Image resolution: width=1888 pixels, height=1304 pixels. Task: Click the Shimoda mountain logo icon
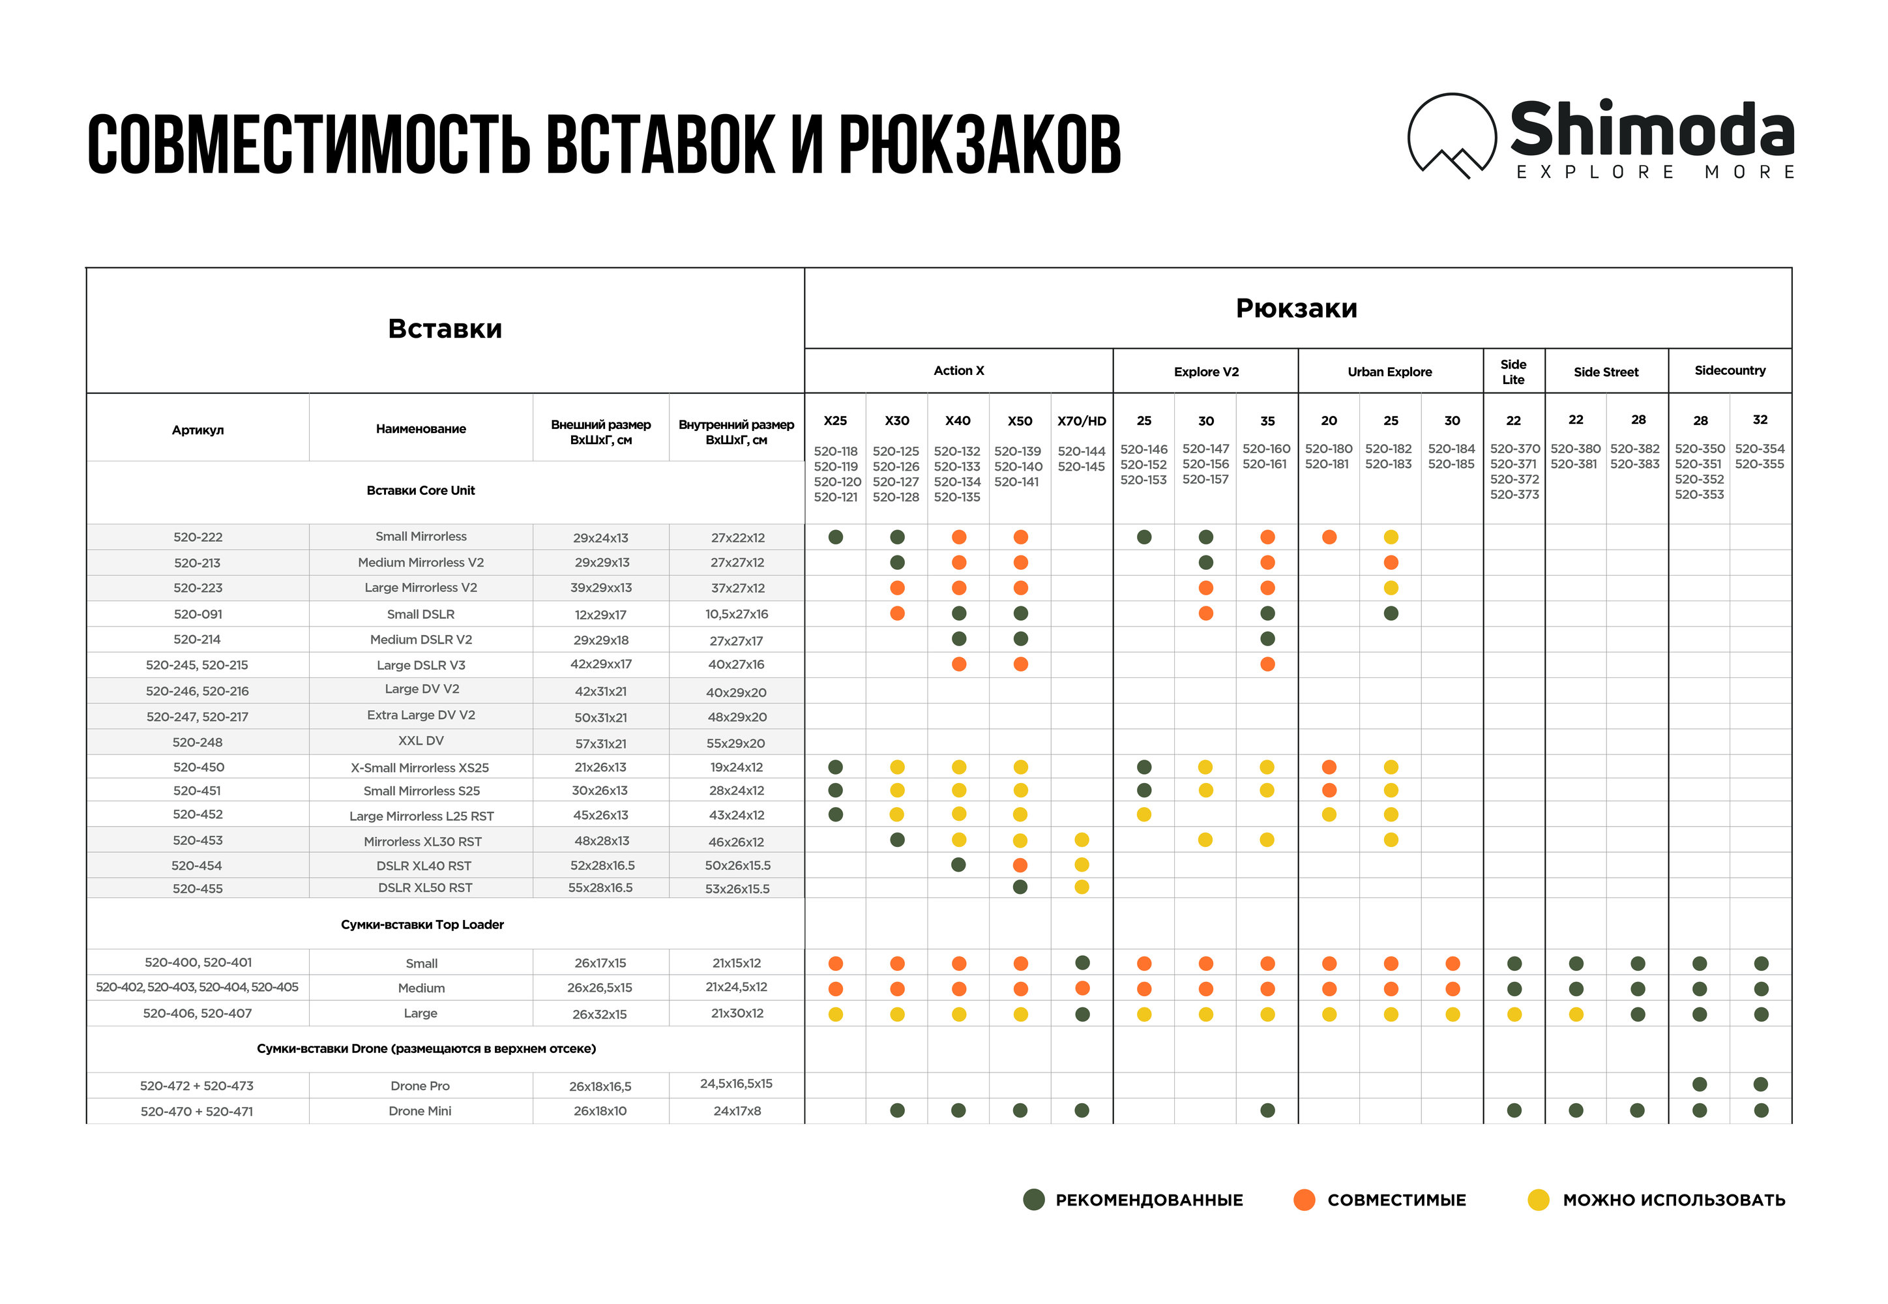click(x=1451, y=136)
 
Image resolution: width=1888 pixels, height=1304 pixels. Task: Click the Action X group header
click(x=958, y=371)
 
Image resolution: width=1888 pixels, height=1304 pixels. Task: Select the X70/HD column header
click(x=1081, y=421)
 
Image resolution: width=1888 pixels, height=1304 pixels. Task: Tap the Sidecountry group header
click(x=1730, y=371)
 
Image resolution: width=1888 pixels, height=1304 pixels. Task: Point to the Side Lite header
click(x=1513, y=372)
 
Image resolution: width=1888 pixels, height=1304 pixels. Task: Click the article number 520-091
click(x=198, y=614)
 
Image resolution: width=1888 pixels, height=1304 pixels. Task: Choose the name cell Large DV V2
click(x=422, y=690)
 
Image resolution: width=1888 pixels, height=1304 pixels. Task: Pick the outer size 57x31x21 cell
click(x=600, y=743)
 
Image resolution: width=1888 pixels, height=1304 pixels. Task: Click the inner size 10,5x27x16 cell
click(x=736, y=614)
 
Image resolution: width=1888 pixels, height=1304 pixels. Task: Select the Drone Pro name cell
click(x=420, y=1086)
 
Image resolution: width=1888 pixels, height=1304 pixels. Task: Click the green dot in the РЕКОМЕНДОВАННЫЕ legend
click(x=1033, y=1200)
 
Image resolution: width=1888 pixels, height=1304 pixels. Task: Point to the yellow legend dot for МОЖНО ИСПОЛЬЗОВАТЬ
click(x=1539, y=1200)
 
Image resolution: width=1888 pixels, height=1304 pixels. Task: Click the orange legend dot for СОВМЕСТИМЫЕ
click(x=1305, y=1200)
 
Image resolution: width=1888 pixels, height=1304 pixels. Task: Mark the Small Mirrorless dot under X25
click(x=835, y=537)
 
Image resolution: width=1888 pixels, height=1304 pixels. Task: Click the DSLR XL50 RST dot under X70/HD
click(x=1082, y=887)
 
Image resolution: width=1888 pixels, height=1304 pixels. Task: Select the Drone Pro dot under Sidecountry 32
click(x=1761, y=1084)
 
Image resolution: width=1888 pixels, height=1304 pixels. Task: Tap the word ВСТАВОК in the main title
click(x=659, y=145)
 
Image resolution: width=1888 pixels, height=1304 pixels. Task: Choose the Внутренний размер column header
click(x=736, y=432)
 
